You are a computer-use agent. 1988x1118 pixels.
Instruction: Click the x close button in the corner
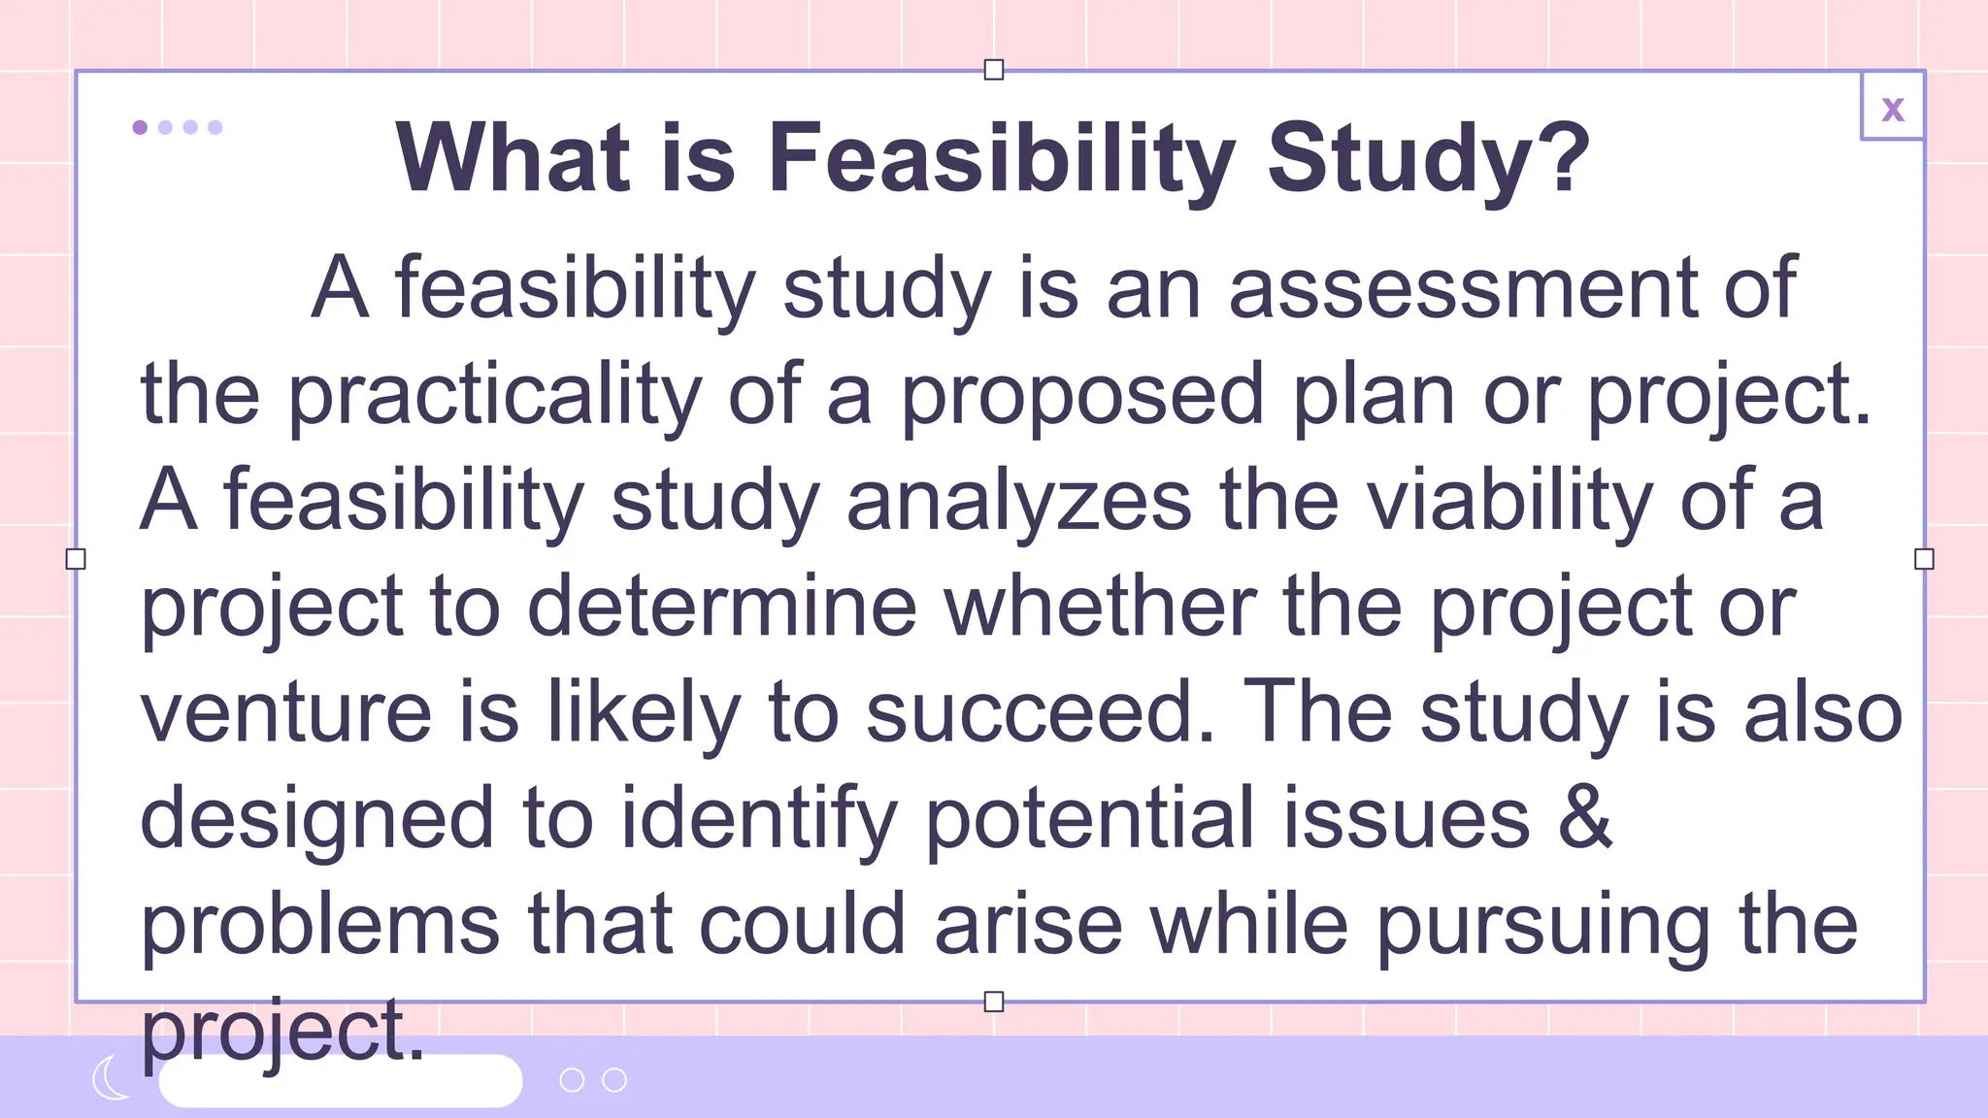(1892, 108)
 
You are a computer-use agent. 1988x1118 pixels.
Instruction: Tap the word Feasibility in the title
(1002, 157)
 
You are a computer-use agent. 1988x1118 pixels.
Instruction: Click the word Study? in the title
(1428, 157)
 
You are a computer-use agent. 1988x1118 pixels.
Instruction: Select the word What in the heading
(514, 157)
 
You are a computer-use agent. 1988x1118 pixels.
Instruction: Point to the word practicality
(494, 395)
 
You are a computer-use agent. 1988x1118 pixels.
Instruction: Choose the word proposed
(1082, 395)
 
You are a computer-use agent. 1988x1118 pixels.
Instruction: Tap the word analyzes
(1018, 501)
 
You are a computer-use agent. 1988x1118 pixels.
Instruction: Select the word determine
(721, 607)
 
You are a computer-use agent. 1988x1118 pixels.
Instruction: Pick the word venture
(286, 712)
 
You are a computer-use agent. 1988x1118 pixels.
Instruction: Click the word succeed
(1040, 712)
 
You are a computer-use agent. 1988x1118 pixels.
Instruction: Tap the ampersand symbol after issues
(1585, 817)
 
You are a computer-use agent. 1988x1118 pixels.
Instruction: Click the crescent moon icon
(111, 1078)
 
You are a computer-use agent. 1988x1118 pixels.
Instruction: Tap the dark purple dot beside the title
(140, 127)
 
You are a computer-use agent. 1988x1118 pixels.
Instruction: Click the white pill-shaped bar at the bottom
(340, 1080)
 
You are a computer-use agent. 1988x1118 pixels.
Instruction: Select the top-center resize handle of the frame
(993, 70)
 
